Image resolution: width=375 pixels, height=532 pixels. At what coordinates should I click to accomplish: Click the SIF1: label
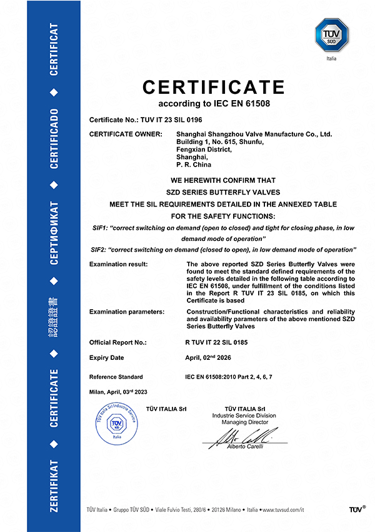[100, 228]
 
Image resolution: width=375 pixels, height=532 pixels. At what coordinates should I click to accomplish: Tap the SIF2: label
[100, 250]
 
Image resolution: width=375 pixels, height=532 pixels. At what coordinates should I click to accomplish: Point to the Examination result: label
[119, 264]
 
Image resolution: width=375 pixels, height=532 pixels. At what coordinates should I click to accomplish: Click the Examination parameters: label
[127, 311]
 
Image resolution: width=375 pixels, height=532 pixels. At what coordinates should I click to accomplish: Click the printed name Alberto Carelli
[245, 446]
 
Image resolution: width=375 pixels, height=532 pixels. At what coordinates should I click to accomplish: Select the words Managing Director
[244, 422]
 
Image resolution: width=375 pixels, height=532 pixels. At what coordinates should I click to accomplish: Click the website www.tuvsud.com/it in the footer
[282, 510]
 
